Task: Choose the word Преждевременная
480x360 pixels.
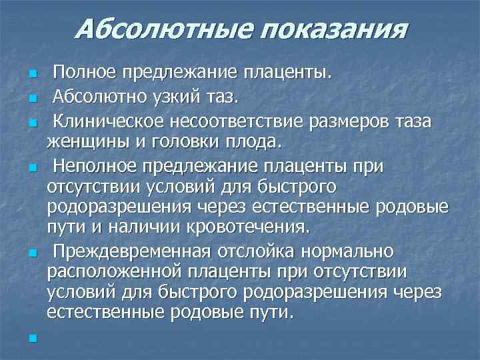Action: tap(132, 252)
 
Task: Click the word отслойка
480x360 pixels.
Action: tap(257, 252)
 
